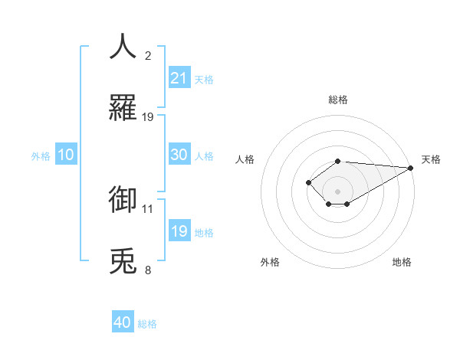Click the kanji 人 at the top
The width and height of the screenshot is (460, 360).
[123, 47]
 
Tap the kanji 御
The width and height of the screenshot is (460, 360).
[123, 199]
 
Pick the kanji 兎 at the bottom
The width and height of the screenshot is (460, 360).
[123, 260]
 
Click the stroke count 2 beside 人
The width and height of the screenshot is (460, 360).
[148, 56]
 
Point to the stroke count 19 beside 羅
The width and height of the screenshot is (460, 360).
[148, 116]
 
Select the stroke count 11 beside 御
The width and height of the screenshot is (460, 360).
[148, 208]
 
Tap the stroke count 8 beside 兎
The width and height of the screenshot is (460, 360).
[148, 270]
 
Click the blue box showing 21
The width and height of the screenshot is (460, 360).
[179, 77]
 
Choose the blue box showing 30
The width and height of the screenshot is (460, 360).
[179, 154]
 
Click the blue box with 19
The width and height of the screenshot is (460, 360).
[179, 231]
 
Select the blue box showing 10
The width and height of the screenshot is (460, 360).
[66, 154]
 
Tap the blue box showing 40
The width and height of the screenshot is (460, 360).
[123, 322]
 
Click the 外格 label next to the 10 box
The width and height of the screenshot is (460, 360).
[41, 156]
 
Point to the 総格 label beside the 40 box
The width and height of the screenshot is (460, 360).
[148, 325]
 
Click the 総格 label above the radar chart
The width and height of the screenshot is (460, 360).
[338, 100]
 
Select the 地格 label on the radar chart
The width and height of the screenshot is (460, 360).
[402, 262]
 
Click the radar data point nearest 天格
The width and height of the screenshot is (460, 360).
[412, 168]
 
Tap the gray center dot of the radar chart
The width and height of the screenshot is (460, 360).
[337, 191]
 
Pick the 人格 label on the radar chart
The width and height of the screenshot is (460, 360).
[245, 159]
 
